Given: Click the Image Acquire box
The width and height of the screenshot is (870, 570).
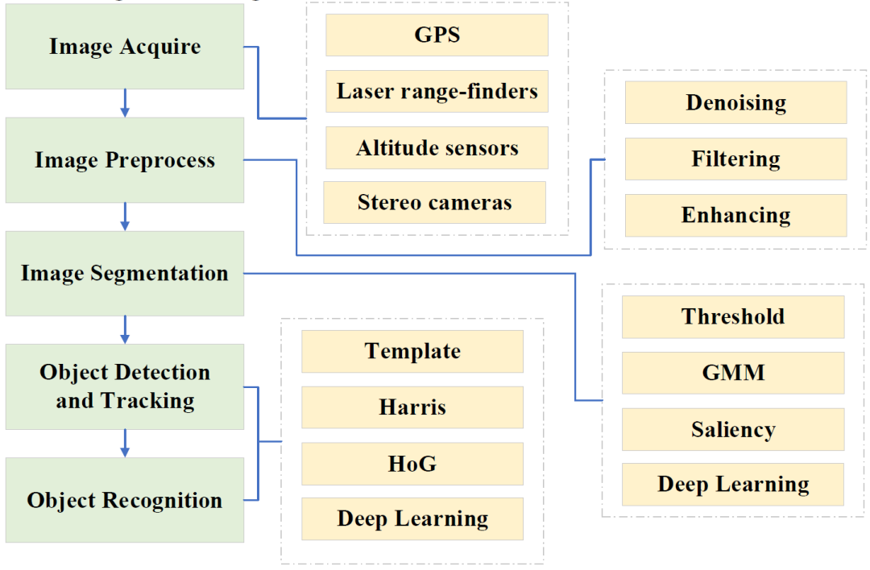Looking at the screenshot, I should (124, 47).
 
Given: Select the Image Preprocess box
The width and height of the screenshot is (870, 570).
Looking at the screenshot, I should (124, 159).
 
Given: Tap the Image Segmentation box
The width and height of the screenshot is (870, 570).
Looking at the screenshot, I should (124, 273).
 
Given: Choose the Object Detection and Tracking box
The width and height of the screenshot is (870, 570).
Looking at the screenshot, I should (124, 386).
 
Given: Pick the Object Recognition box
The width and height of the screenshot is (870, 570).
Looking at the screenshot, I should (124, 500).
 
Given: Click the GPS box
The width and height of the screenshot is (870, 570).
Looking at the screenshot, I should (437, 35).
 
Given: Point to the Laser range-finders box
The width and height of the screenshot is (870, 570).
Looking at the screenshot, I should (437, 91).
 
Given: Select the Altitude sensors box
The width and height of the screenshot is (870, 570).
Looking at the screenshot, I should (437, 148).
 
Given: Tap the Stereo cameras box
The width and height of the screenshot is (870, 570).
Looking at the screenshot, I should (435, 202).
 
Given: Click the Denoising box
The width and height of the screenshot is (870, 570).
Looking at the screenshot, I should (735, 102).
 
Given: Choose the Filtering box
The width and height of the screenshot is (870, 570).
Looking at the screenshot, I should (735, 159).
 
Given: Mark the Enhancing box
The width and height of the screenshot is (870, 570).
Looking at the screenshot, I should (735, 215).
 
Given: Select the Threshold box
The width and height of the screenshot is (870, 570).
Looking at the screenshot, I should (733, 316).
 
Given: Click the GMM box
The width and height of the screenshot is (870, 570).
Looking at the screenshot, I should (733, 373).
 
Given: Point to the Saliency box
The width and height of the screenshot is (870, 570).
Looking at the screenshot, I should (733, 429).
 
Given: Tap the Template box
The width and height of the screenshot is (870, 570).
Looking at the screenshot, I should (412, 351).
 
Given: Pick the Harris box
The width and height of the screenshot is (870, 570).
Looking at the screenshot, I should (412, 407).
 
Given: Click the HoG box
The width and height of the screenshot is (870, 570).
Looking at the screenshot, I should (412, 464).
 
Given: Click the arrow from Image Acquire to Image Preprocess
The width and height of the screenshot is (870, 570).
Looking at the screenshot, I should (124, 103).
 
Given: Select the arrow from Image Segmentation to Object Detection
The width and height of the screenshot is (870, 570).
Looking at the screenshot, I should (124, 329).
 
